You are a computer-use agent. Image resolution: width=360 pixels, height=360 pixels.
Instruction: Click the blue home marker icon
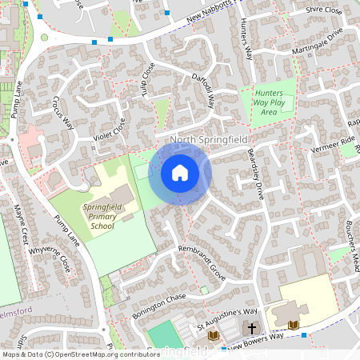(x=180, y=172)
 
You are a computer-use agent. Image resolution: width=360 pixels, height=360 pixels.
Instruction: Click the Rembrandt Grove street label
(x=202, y=262)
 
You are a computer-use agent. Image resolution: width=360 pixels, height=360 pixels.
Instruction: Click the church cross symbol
(x=252, y=328)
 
